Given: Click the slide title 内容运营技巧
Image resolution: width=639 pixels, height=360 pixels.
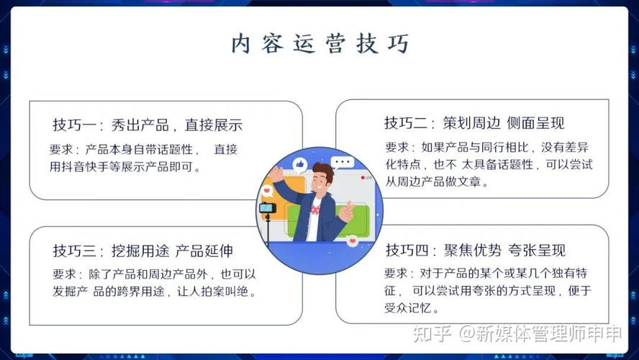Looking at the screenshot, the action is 320,43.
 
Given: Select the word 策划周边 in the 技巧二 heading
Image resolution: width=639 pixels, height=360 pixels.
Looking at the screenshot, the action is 471,122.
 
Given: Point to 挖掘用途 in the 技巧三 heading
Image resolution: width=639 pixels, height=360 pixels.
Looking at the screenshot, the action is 140,251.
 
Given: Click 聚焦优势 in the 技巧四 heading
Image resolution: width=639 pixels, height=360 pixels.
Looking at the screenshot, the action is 472,250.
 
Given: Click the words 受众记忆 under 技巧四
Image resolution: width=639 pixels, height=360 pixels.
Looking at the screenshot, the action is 407,308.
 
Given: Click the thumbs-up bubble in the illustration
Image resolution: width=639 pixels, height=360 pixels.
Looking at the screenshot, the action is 299,164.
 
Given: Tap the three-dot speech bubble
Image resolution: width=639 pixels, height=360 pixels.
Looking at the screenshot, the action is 343,163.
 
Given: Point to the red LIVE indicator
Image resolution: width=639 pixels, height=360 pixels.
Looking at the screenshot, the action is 366,177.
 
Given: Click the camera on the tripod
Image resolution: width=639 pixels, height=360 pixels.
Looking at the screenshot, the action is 268,208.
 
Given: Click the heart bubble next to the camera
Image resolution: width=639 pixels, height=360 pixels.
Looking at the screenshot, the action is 267,191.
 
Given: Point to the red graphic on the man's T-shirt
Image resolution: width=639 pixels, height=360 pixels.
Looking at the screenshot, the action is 315,210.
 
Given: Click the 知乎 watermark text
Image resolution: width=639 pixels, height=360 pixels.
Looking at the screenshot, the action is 432,333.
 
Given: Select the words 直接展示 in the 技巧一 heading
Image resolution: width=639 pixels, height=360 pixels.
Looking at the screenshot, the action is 214,125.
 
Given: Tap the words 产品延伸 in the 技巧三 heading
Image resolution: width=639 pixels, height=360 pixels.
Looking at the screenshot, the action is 204,251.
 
